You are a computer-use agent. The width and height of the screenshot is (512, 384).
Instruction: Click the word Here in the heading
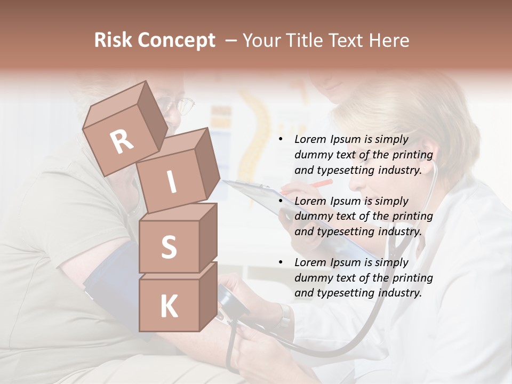[x=388, y=41]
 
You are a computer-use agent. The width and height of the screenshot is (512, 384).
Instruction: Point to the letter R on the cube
[x=122, y=142]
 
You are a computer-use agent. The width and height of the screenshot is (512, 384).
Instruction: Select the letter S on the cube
[x=169, y=248]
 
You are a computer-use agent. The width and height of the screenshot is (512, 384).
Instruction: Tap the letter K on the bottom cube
[x=169, y=307]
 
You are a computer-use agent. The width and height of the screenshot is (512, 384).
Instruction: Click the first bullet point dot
[x=281, y=140]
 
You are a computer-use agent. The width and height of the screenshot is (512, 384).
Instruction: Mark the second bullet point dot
[x=281, y=202]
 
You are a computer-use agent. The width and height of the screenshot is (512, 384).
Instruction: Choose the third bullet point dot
[x=281, y=263]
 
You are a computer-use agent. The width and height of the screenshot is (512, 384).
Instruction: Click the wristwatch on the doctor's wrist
[x=285, y=316]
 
